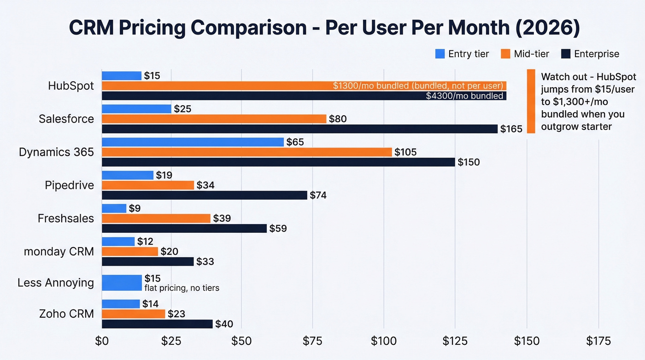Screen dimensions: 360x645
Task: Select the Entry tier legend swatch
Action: (x=440, y=54)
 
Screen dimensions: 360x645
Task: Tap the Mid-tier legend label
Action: (x=531, y=54)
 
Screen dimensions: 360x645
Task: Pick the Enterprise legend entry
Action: (x=596, y=54)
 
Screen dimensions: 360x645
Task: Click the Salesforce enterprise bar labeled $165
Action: (x=299, y=129)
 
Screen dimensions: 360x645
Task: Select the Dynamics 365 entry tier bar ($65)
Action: (x=193, y=142)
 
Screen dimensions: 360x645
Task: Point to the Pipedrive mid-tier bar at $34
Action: (x=147, y=185)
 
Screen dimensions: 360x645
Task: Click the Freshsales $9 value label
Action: (x=135, y=208)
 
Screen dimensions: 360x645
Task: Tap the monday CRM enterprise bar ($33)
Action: (x=147, y=261)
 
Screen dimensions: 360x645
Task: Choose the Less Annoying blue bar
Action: (x=122, y=283)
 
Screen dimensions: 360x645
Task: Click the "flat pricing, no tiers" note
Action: (x=182, y=288)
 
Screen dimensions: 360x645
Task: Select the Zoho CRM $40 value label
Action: (x=224, y=324)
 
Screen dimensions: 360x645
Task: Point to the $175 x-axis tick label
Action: (x=598, y=341)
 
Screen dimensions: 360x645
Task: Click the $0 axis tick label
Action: (x=101, y=341)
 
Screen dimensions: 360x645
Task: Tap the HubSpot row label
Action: (x=70, y=86)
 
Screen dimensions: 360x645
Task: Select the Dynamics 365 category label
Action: (x=56, y=152)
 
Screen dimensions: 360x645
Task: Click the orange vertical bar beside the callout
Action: (x=531, y=101)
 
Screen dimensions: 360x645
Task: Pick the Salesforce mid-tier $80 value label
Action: (x=338, y=119)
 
